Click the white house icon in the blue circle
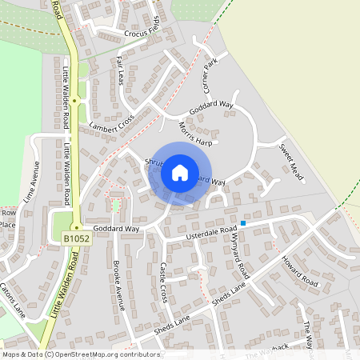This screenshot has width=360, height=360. pyautogui.click(x=180, y=172)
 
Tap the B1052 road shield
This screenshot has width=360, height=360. pyautogui.click(x=76, y=238)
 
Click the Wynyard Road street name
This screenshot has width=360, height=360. pyautogui.click(x=239, y=256)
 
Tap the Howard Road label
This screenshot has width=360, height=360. pyautogui.click(x=299, y=272)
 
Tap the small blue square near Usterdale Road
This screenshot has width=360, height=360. pyautogui.click(x=243, y=222)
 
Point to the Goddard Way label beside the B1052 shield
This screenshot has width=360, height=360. pyautogui.click(x=116, y=229)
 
